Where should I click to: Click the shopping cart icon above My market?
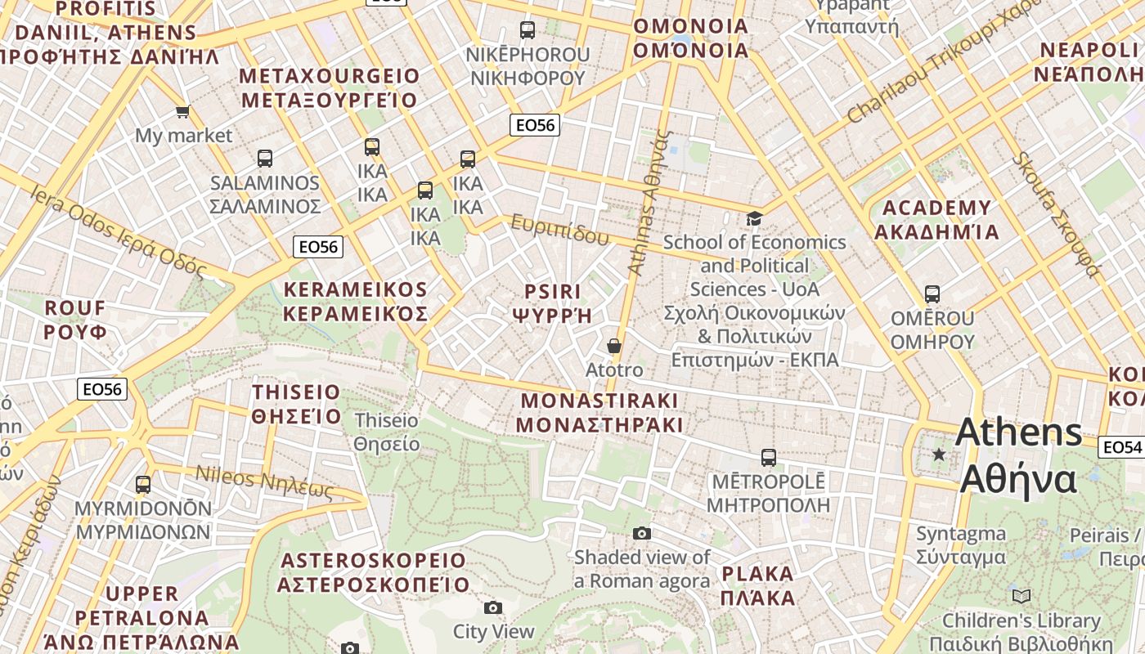tap(182, 111)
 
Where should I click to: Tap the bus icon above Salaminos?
tap(265, 159)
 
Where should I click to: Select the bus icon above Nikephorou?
tap(528, 30)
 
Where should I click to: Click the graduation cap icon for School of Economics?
tap(754, 218)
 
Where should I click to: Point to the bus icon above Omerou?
tap(932, 294)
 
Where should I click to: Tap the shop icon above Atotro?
tap(614, 347)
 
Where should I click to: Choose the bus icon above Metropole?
tap(769, 457)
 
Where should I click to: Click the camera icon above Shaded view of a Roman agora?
tap(642, 534)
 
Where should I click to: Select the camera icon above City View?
tap(492, 607)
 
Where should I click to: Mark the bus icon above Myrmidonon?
tap(143, 485)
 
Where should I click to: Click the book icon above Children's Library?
tap(1021, 596)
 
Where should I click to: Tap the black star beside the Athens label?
tap(939, 455)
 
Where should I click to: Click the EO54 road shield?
tap(1121, 447)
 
